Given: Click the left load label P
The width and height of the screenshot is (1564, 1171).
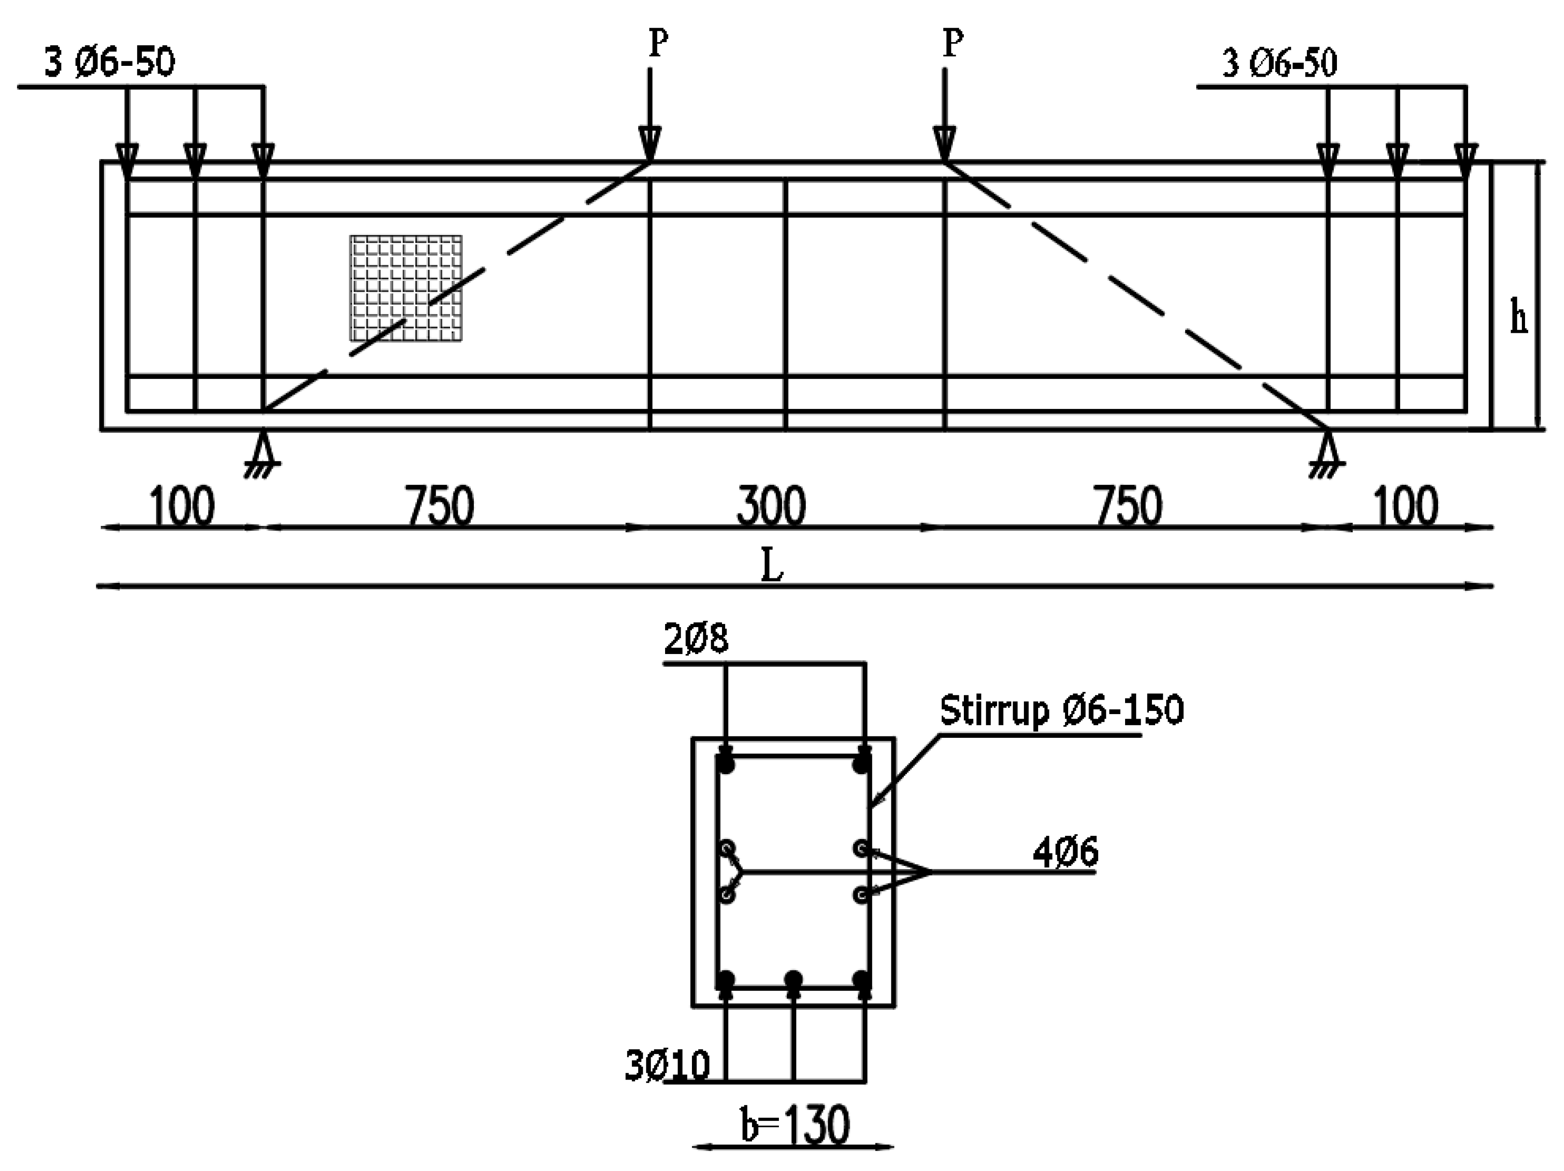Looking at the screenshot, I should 657,44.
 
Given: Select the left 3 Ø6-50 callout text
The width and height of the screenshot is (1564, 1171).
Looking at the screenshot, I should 110,63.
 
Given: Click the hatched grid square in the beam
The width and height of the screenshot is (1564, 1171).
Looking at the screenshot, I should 406,288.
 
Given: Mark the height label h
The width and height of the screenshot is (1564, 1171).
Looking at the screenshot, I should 1518,318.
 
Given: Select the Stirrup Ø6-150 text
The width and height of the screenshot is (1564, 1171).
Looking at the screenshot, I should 1061,710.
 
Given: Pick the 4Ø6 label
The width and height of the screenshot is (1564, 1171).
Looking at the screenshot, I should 1066,853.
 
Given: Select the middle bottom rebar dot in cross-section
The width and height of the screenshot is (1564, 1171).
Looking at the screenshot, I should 793,979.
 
